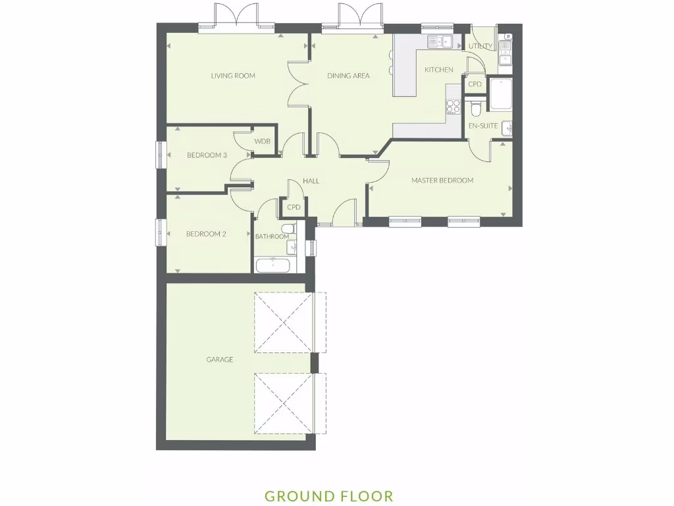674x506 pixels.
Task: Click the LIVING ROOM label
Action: pos(233,76)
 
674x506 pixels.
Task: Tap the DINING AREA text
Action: pos(348,76)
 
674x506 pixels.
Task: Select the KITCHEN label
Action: pos(438,70)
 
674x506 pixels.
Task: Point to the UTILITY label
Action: pos(480,46)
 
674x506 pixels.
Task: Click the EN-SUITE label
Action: pos(483,125)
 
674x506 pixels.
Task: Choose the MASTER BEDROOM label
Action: pos(442,181)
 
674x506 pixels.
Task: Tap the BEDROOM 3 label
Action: pos(207,155)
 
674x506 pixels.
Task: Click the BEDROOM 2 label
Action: pos(206,234)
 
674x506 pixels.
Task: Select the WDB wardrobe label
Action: pos(263,142)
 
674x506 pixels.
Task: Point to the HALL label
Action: pos(311,181)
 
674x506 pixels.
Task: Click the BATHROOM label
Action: pos(272,237)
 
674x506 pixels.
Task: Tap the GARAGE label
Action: pos(220,360)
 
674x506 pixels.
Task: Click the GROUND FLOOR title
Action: pos(328,496)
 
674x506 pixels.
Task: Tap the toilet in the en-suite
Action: pos(477,107)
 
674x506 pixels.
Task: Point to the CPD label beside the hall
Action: pos(294,207)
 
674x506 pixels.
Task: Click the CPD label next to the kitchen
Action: pos(475,84)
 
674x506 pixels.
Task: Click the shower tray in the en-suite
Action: pos(500,94)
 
